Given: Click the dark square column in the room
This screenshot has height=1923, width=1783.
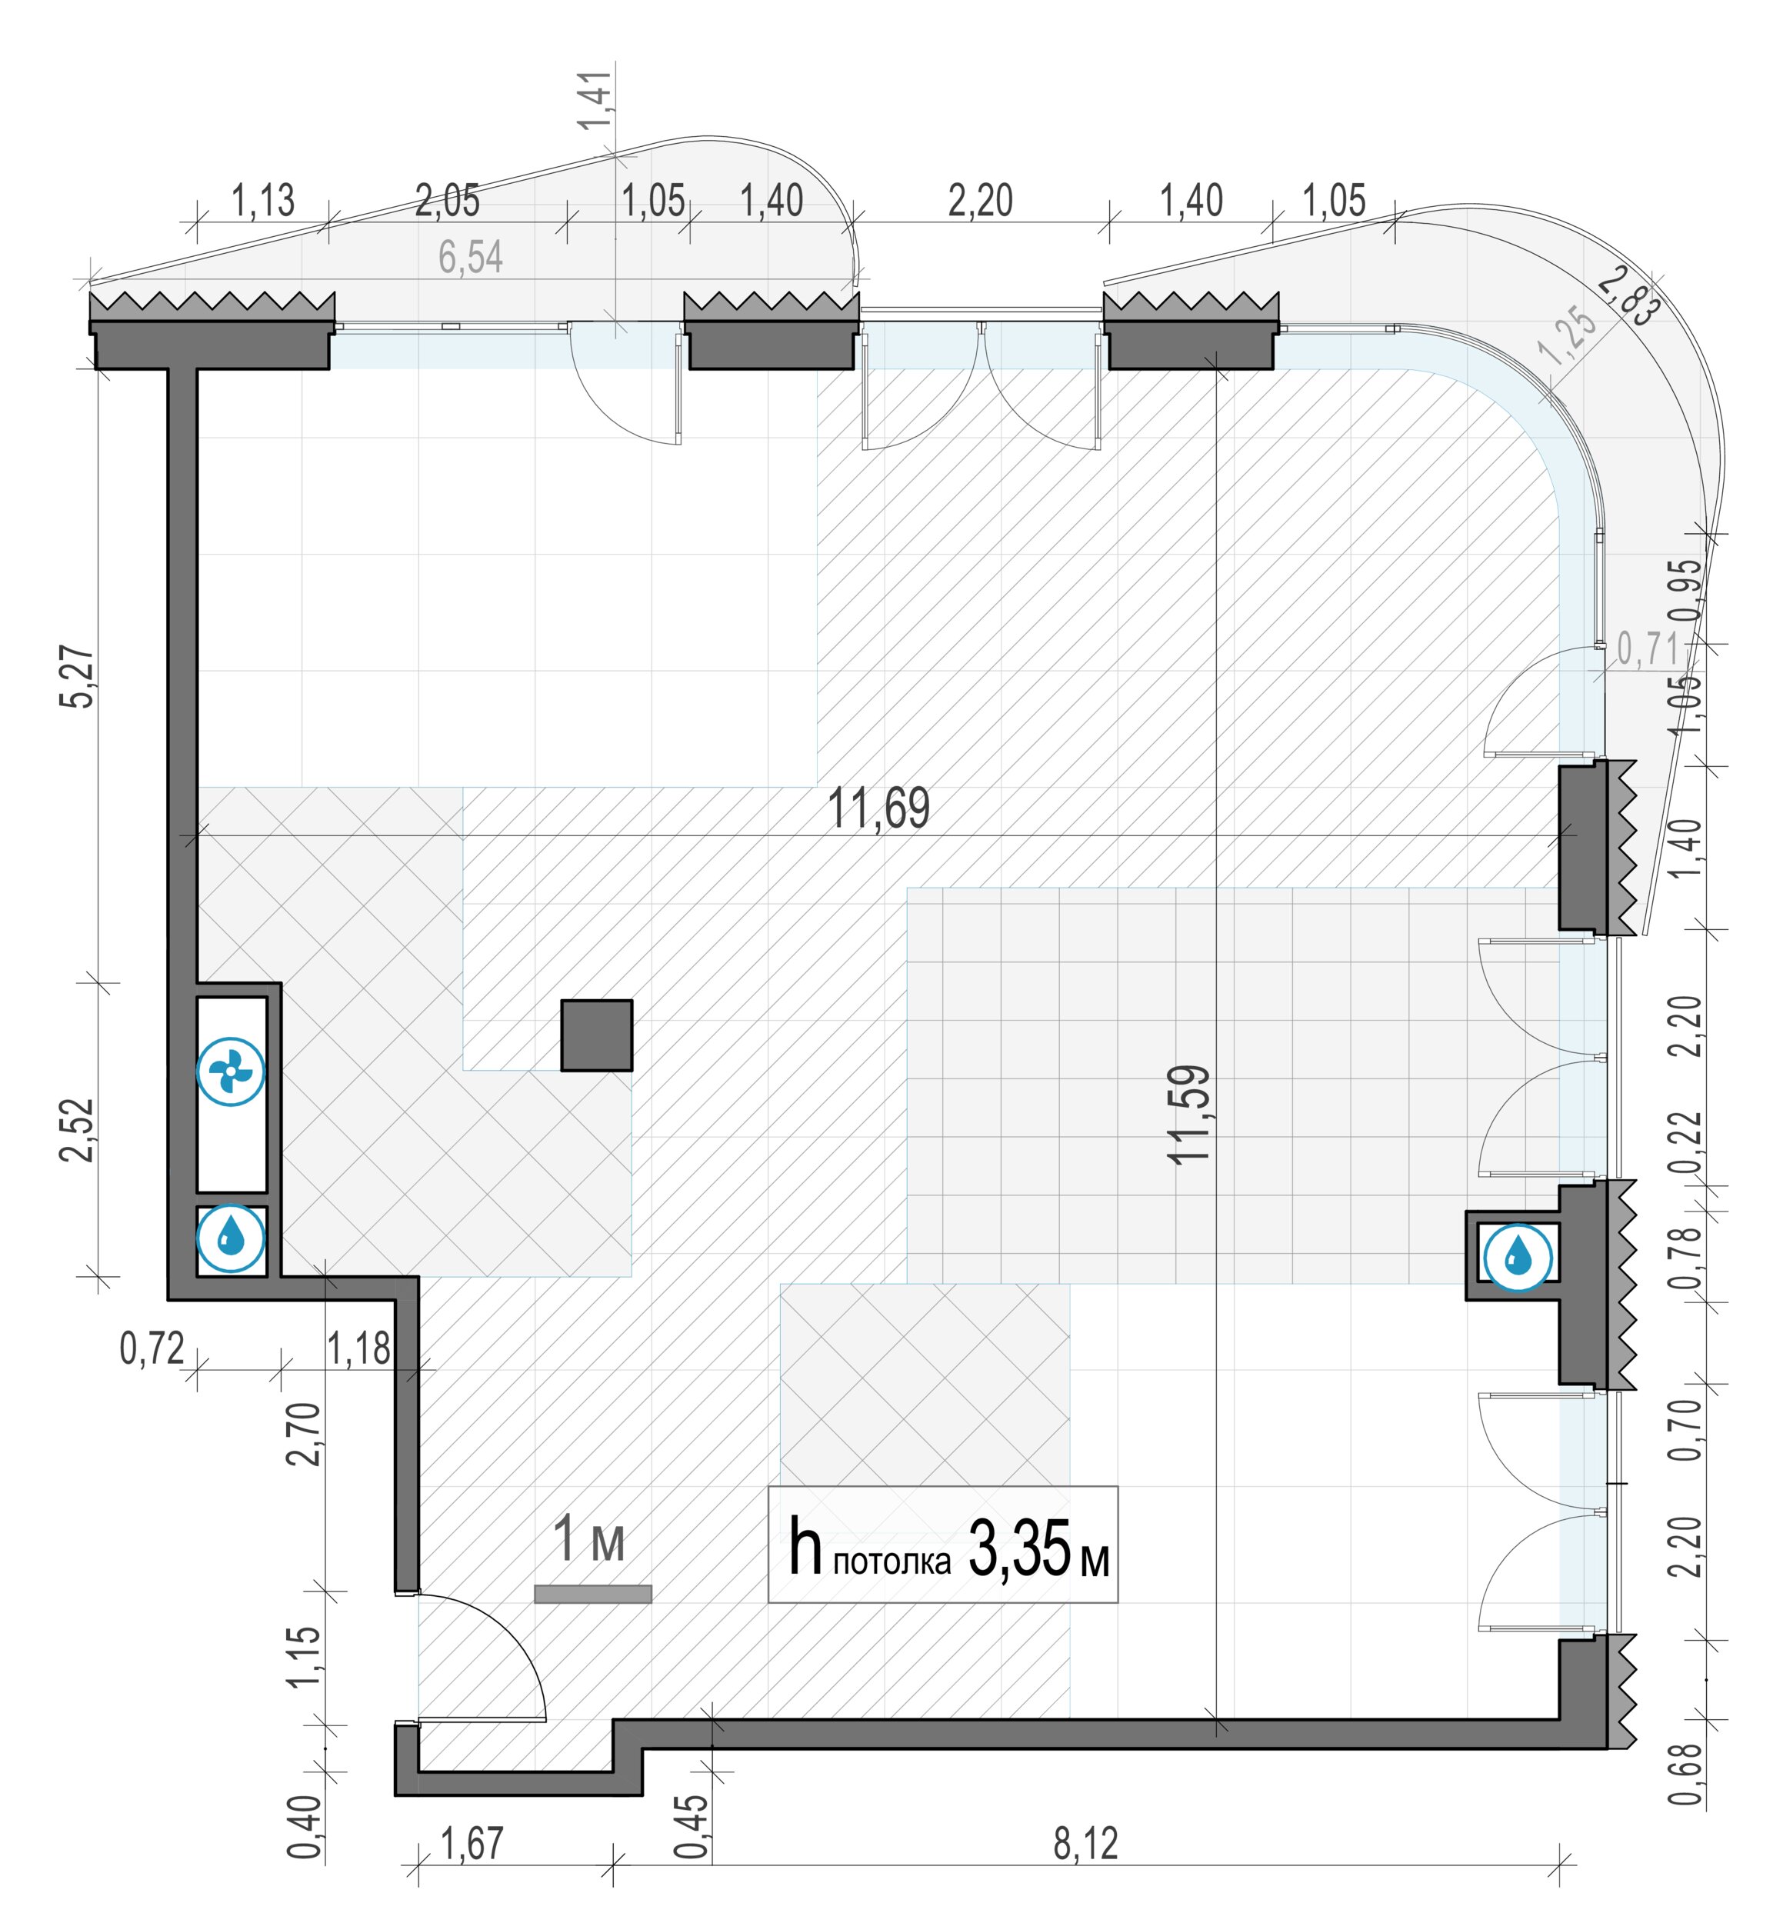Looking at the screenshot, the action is coord(597,1035).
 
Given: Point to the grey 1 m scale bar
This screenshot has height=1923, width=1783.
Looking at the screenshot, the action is coord(592,1594).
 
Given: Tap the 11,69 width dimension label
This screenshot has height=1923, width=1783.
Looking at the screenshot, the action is coord(879,808).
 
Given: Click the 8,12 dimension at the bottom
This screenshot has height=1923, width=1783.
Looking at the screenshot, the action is coord(1085,1844).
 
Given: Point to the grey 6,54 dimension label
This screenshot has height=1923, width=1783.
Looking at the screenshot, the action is coord(471,258).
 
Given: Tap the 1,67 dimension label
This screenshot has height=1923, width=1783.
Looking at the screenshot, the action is coord(472,1844).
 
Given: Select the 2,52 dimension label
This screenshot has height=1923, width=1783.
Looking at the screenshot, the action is coord(78,1130).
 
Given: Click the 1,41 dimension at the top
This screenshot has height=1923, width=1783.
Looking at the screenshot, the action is coord(595,99).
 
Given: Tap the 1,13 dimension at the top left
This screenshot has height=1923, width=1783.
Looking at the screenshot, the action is coord(262,201).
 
